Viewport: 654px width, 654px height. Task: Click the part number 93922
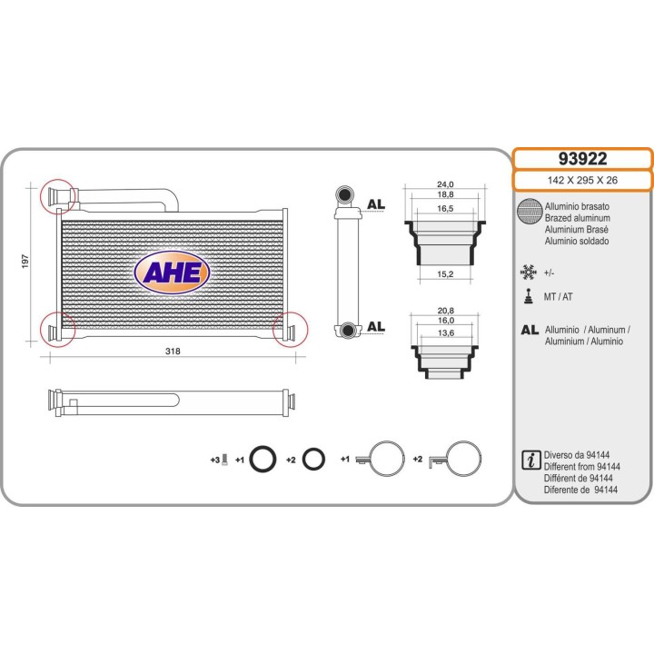pos(582,159)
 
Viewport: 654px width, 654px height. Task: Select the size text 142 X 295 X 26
pos(582,180)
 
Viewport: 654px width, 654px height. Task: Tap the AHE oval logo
pos(172,272)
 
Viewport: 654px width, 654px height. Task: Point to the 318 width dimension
pos(173,352)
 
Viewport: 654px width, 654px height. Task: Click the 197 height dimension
pos(25,261)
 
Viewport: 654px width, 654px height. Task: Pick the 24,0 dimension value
pos(445,184)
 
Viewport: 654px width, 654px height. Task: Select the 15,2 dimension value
pos(445,274)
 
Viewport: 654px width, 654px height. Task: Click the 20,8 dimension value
pos(445,311)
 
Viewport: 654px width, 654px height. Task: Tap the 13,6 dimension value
pos(446,332)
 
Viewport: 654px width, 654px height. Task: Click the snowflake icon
pos(528,272)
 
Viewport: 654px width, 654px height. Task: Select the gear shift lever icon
pos(529,296)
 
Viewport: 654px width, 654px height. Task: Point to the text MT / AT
pos(558,297)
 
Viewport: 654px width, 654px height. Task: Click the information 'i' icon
pos(531,460)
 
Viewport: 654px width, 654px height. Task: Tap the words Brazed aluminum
pos(578,218)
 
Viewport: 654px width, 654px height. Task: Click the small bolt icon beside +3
pos(225,460)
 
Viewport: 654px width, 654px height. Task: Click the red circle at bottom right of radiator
pos(290,329)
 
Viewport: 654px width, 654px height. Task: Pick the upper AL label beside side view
pos(375,204)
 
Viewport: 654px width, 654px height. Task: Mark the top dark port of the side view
pos(345,195)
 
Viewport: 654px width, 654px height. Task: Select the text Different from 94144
pos(582,467)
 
